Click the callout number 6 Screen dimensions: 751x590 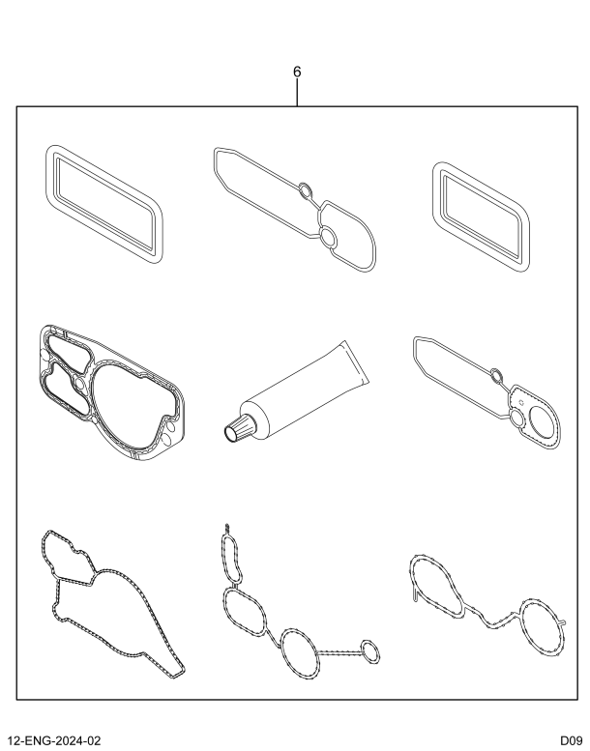click(x=297, y=72)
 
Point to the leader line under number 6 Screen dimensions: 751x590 click(x=297, y=94)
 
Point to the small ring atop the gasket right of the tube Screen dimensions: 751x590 click(x=494, y=377)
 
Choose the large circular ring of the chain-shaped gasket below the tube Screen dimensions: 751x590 click(x=302, y=649)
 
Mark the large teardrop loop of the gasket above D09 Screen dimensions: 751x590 click(x=437, y=580)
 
